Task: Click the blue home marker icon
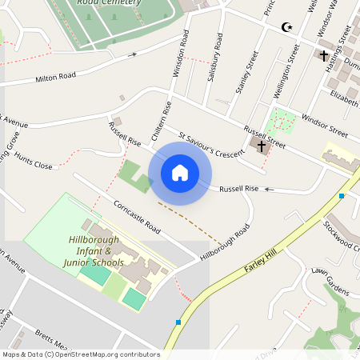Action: coord(180,173)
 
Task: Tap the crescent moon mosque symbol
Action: coord(286,27)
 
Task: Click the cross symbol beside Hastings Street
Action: coord(324,55)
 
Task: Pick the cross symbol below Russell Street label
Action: coord(261,146)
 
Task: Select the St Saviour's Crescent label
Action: coord(210,145)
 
